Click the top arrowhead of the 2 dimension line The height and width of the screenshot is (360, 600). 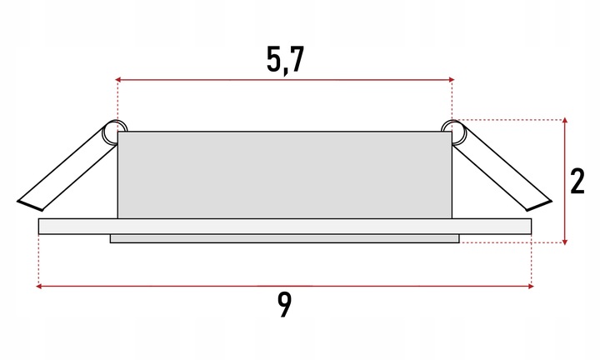coord(566,122)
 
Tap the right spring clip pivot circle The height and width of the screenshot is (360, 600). coord(452,129)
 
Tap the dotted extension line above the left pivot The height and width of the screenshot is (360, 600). coord(117,100)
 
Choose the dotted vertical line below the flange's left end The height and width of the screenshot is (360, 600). coord(39,258)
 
